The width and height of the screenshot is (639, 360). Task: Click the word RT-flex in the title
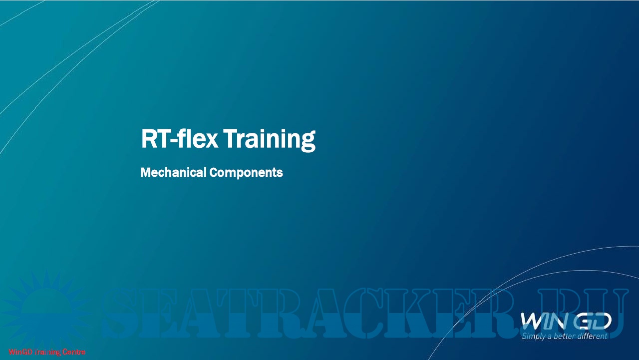point(180,139)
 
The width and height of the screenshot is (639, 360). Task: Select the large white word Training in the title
point(269,140)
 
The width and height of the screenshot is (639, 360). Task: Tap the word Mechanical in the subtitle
point(173,172)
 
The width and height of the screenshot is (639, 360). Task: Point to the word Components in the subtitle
point(246,173)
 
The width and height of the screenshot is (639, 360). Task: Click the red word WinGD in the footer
point(20,352)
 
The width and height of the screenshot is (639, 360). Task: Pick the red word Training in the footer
point(47,353)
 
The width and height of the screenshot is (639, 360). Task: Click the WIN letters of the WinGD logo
point(542,321)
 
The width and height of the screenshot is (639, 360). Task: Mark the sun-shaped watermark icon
point(45,311)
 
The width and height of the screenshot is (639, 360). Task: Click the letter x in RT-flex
point(211,142)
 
